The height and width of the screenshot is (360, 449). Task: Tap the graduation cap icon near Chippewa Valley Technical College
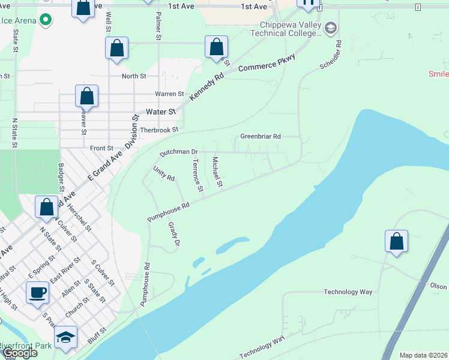click(x=331, y=28)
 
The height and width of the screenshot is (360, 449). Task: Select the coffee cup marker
click(x=37, y=292)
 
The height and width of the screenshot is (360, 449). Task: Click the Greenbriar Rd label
click(x=261, y=136)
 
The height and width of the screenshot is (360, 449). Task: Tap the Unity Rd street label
click(x=163, y=174)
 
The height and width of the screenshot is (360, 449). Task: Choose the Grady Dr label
click(x=174, y=235)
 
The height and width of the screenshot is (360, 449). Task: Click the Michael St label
click(x=217, y=171)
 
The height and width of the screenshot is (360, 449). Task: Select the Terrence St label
click(x=197, y=175)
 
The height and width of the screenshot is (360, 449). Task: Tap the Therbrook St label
click(x=159, y=130)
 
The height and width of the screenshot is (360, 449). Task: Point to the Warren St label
click(x=169, y=94)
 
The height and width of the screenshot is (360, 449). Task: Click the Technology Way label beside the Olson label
click(x=348, y=292)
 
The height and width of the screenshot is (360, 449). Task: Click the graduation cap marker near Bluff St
click(x=65, y=337)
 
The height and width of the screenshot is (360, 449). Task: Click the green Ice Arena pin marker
click(x=45, y=20)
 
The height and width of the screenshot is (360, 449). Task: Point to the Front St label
click(x=101, y=148)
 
